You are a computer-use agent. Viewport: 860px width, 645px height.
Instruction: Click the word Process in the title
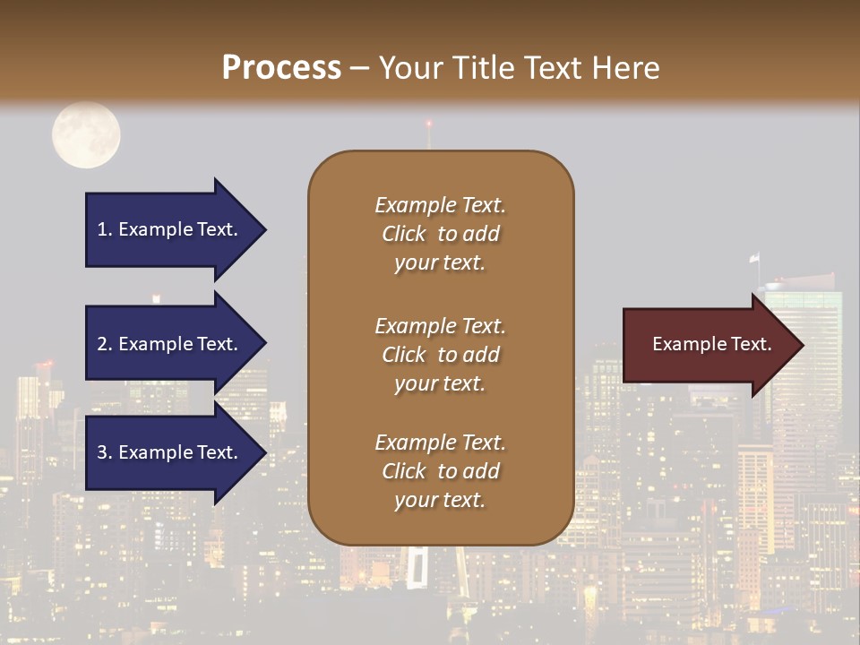point(281,68)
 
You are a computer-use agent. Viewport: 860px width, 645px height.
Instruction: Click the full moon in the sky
point(86,135)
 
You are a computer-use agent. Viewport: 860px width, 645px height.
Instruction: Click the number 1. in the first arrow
point(105,229)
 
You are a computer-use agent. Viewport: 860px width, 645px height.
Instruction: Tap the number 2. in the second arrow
point(105,344)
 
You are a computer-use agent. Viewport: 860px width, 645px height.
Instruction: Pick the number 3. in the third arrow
point(105,452)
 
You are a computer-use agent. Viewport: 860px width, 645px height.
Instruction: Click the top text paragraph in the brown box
point(440,234)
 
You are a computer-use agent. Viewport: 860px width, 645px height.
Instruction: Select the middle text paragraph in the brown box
point(440,355)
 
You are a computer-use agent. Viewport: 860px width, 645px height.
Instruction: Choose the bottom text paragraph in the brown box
point(440,471)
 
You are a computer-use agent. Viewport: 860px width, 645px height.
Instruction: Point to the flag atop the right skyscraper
point(754,258)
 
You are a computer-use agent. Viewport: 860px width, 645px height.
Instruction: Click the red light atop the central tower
point(428,123)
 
